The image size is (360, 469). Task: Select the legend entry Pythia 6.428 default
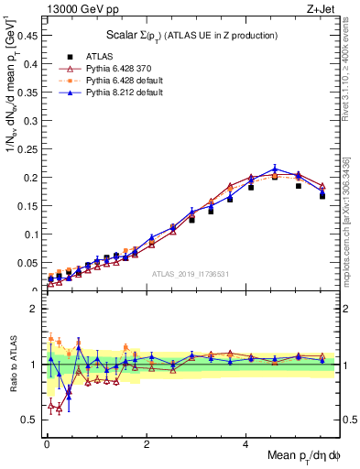pos(113,82)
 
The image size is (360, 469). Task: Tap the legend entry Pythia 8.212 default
pos(113,94)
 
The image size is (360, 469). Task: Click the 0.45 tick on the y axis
pos(32,36)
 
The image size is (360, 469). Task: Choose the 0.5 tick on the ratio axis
pos(33,420)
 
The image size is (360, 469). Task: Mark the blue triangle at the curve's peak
pos(275,169)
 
